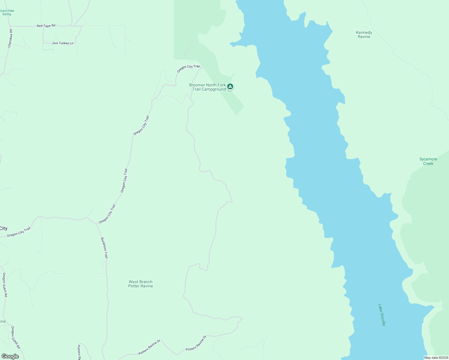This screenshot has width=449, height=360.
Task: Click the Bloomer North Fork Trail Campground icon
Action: [x=230, y=87]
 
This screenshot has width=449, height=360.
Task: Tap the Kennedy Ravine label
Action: [x=364, y=34]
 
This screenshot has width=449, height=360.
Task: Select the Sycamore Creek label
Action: [x=428, y=161]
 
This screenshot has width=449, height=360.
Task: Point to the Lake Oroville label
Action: [x=382, y=315]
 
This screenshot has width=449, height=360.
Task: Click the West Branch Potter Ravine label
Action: [x=140, y=284]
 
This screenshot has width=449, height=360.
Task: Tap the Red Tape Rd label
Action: [x=46, y=26]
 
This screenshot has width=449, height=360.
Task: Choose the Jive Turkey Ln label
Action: [x=62, y=43]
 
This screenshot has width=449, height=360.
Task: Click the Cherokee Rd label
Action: [x=10, y=38]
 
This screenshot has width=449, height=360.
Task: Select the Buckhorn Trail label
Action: [x=104, y=248]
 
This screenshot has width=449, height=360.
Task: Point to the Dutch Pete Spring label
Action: [x=7, y=12]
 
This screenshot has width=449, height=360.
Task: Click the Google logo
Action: [x=10, y=356]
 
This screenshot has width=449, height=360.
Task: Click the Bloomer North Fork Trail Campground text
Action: [x=208, y=87]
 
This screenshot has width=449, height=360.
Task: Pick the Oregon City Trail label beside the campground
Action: [x=188, y=68]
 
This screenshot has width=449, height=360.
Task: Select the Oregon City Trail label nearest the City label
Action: [x=19, y=232]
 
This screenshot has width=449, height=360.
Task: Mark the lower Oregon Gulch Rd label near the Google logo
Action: [x=15, y=337]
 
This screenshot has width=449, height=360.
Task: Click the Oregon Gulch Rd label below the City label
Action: [x=5, y=285]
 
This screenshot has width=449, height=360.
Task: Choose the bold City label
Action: [x=3, y=228]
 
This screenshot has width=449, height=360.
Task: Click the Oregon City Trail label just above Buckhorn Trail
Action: [x=107, y=214]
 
